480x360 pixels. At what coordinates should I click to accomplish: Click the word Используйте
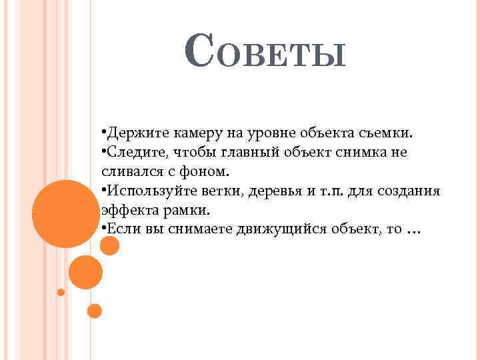tap(147, 191)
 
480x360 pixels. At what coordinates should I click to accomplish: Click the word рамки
tap(189, 210)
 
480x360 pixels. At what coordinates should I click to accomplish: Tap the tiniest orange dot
tap(61, 292)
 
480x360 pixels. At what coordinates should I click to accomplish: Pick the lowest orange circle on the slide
tap(95, 311)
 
